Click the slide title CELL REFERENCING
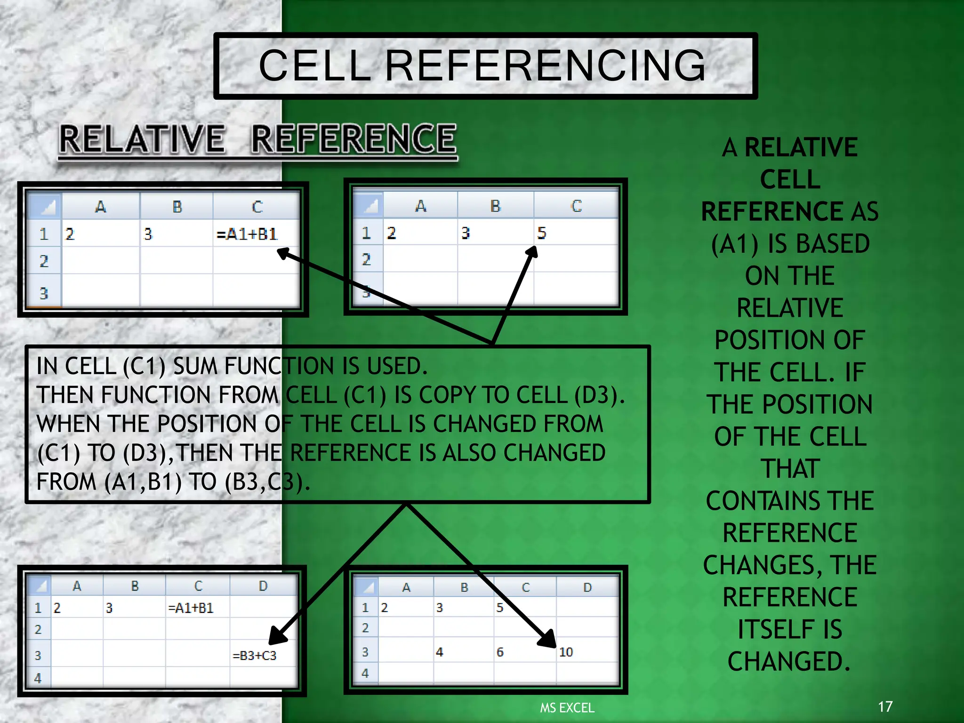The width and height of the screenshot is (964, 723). point(482,66)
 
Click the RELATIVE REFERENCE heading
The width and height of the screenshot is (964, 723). point(258,139)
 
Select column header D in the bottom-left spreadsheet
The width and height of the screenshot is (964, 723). point(263,586)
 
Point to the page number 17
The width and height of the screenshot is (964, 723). point(885,707)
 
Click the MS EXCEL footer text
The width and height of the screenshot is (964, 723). point(567,708)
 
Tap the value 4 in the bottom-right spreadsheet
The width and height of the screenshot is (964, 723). point(439,652)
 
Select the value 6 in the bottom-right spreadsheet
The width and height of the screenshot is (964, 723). point(500,652)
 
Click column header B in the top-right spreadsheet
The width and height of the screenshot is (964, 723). point(495,206)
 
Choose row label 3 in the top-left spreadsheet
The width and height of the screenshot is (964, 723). point(44,294)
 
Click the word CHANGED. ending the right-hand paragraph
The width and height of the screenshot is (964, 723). point(789,661)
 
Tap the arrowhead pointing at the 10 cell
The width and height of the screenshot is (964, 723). point(549,640)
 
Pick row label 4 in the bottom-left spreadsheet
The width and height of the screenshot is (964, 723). point(38,678)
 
